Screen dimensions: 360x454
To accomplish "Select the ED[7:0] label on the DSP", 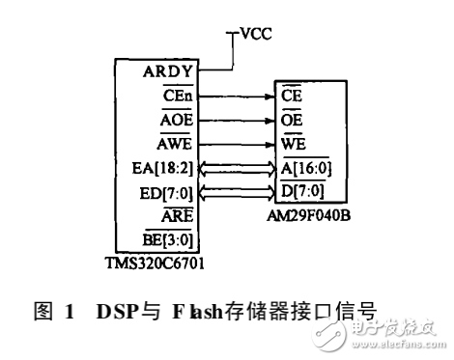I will pyautogui.click(x=174, y=193).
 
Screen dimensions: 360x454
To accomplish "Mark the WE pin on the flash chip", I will pyautogui.click(x=294, y=145).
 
